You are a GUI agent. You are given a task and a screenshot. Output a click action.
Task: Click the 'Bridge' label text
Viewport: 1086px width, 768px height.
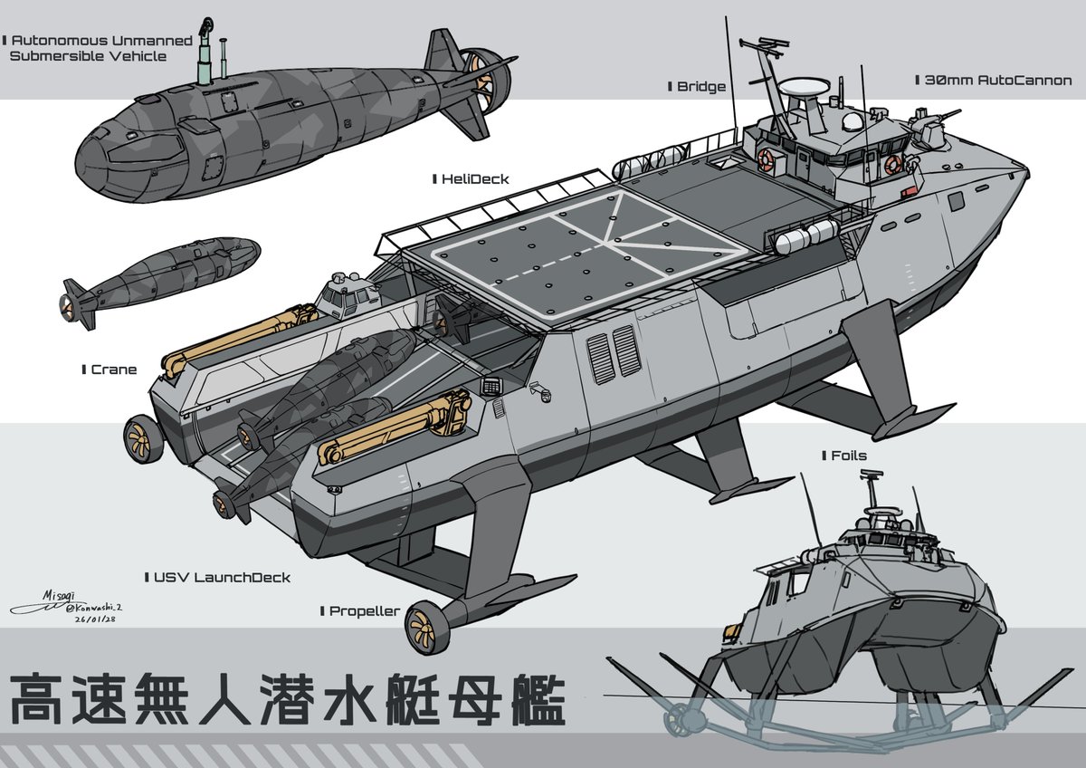coord(701,87)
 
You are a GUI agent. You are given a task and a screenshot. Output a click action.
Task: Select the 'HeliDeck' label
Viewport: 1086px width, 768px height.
coord(475,179)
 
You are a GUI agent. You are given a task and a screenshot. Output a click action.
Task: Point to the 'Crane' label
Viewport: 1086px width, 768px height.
coord(114,370)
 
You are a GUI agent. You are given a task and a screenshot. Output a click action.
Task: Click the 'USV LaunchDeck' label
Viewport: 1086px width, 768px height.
coord(222,577)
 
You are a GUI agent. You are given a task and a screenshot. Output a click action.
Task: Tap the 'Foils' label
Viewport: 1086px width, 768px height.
coord(849,456)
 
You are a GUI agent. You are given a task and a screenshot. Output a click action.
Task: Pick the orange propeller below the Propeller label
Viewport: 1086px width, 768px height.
coord(422,625)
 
